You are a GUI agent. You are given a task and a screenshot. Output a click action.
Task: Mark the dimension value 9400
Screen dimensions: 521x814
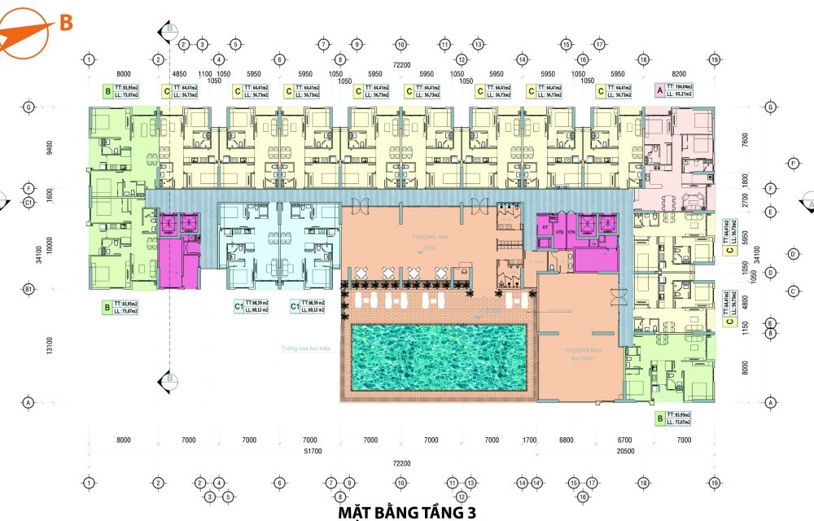[50, 147]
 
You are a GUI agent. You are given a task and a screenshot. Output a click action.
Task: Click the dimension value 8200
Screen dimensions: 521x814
[679, 72]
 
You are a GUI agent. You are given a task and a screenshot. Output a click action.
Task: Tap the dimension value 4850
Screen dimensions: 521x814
[181, 72]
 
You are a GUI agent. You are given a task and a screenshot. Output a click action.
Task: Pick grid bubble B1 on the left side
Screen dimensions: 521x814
[28, 289]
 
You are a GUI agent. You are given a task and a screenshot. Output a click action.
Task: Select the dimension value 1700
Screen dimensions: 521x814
[530, 440]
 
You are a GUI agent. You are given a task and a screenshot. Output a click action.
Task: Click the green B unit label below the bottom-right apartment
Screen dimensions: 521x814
[659, 418]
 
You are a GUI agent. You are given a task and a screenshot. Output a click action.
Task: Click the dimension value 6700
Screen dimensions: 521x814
[625, 440]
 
